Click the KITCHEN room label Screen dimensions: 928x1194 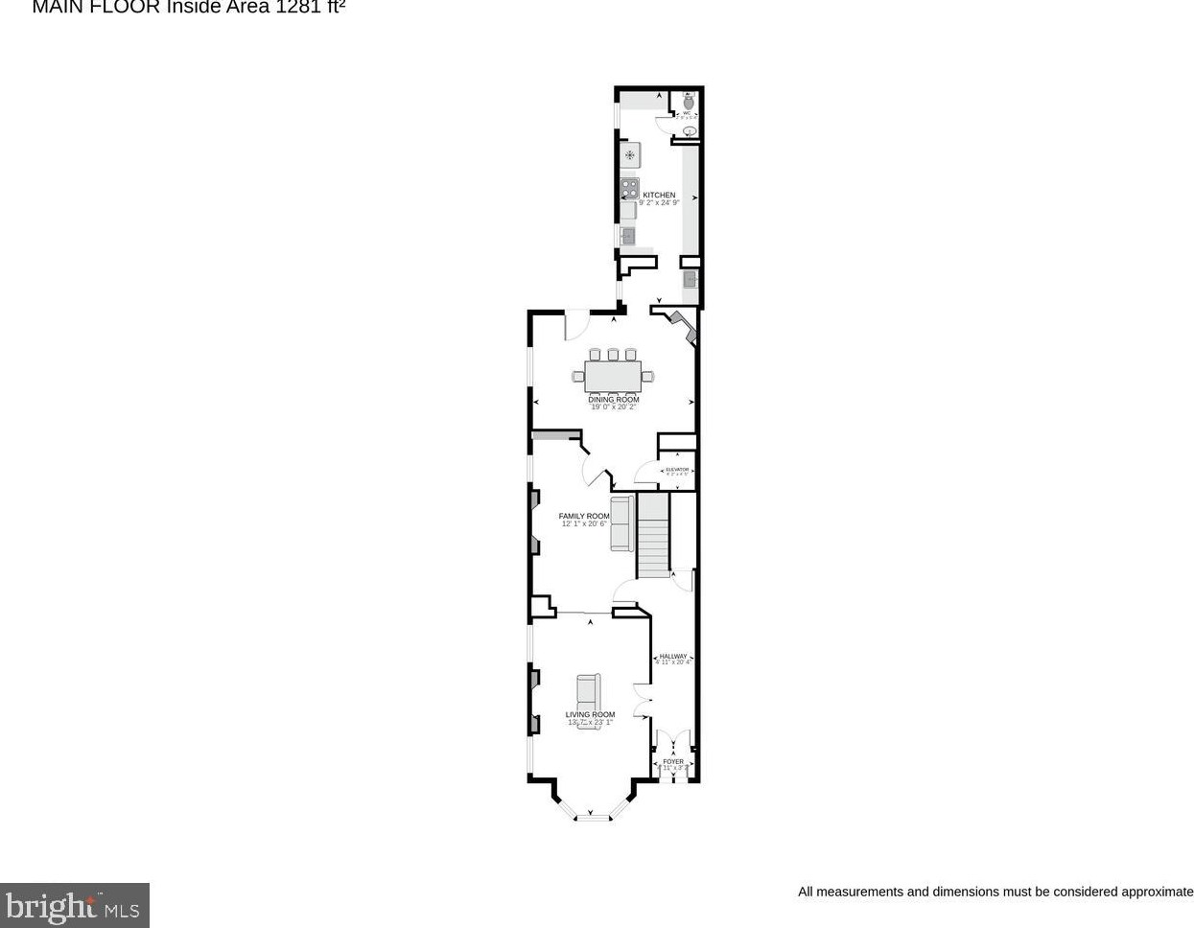click(x=659, y=195)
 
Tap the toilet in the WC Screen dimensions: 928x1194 click(x=689, y=98)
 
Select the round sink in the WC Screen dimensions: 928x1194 click(x=689, y=130)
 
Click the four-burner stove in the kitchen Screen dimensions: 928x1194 click(x=629, y=188)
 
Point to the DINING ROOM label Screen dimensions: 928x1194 click(x=613, y=400)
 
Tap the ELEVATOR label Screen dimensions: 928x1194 click(x=677, y=470)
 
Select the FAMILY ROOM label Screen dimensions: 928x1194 click(x=584, y=516)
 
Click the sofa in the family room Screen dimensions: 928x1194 click(x=621, y=523)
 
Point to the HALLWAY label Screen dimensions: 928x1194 click(x=672, y=656)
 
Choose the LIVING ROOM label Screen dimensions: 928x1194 click(x=590, y=714)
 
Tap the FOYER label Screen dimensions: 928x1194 click(x=673, y=762)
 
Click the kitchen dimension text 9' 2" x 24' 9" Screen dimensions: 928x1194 click(x=659, y=203)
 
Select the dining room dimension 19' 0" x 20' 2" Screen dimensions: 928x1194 click(x=613, y=407)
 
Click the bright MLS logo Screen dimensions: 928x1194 click(x=74, y=905)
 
